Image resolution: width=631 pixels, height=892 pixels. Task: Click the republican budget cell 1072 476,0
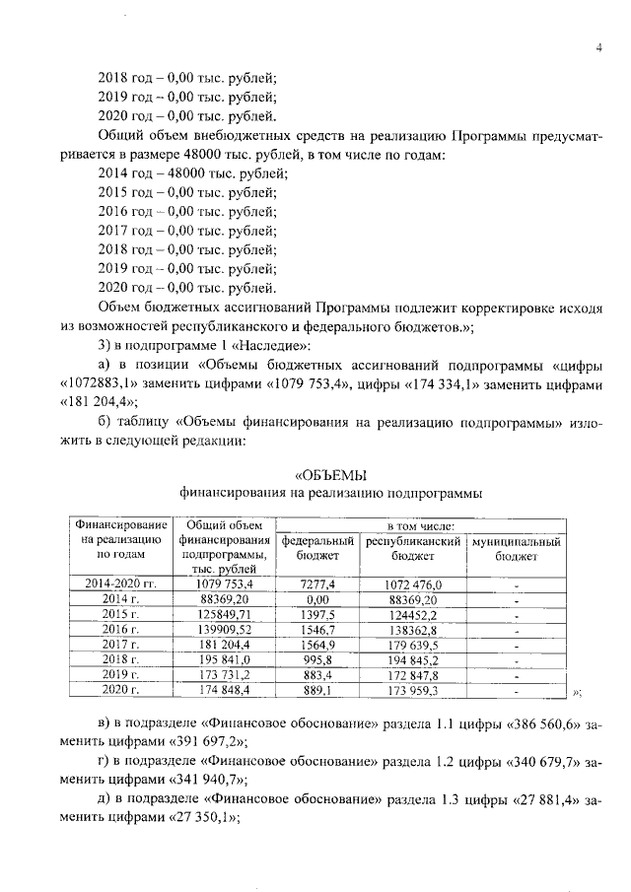pos(413,584)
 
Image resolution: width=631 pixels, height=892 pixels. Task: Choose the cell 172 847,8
pos(413,676)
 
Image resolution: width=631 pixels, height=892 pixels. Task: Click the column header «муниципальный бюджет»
pos(516,549)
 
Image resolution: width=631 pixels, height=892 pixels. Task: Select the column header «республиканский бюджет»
pos(413,549)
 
